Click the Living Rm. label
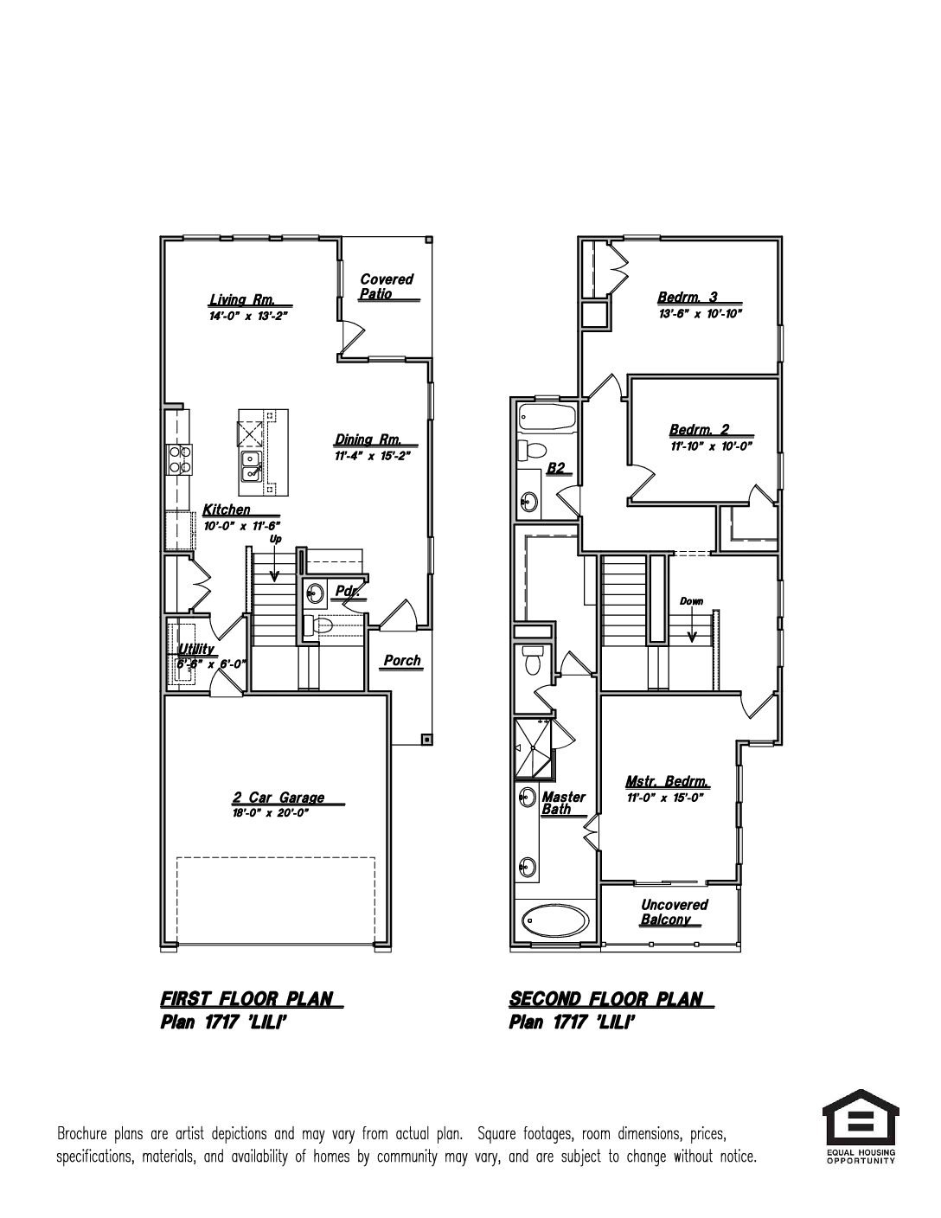(x=241, y=299)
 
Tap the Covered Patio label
(x=387, y=286)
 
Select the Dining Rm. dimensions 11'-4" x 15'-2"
(x=373, y=456)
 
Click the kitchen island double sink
(x=251, y=466)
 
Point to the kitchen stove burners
(x=179, y=458)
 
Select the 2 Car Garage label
(x=278, y=797)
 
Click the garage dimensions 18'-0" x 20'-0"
(x=272, y=813)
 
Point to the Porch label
(x=402, y=660)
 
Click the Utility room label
(x=196, y=649)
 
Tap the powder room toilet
(x=317, y=625)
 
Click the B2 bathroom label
(x=555, y=467)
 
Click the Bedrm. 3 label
(x=688, y=297)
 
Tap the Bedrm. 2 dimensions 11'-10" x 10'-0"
(x=711, y=446)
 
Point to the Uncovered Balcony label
(x=675, y=912)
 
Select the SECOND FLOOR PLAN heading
(x=605, y=999)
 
